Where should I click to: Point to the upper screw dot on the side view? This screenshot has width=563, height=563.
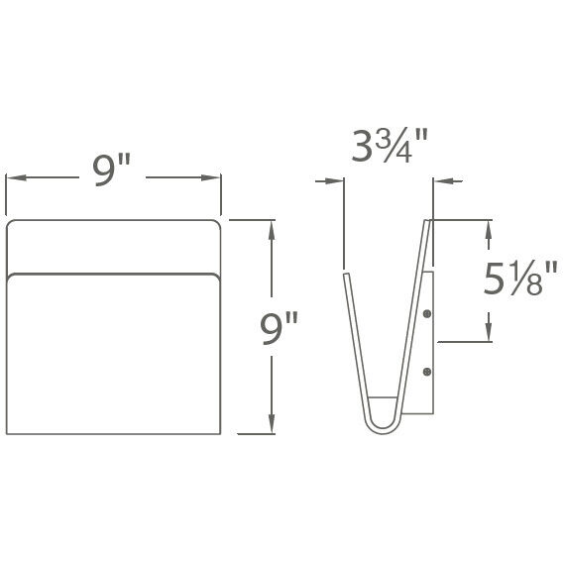426,314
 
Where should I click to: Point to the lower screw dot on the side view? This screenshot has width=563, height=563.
426,372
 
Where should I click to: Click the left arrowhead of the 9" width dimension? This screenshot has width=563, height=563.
12,178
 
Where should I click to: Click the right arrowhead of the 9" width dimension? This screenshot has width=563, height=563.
215,178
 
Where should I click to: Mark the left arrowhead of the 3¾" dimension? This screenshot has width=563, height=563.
338,181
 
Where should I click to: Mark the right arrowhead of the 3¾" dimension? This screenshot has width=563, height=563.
437,181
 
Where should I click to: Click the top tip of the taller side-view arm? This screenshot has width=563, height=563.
426,222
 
